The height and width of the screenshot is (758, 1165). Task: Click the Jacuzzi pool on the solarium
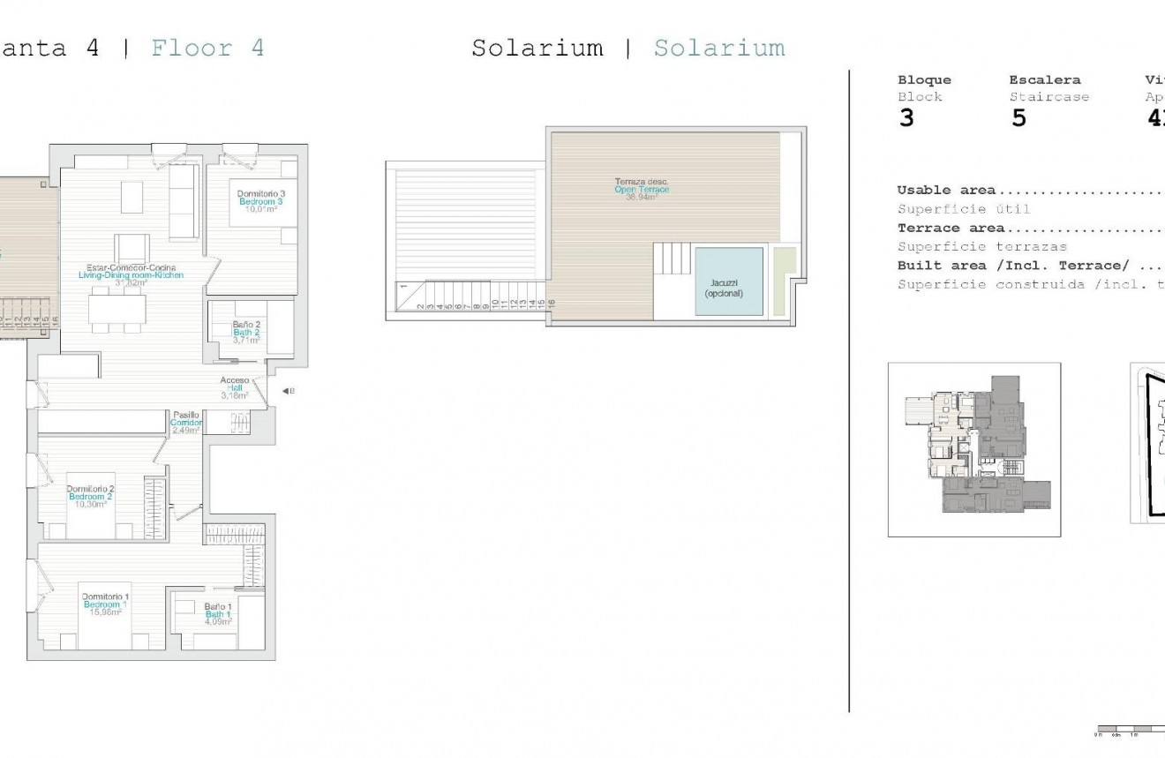click(x=729, y=281)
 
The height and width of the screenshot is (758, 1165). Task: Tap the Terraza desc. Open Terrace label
click(x=642, y=190)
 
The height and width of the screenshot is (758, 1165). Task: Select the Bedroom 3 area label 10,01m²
click(x=260, y=210)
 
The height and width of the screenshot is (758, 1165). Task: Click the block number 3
click(x=906, y=118)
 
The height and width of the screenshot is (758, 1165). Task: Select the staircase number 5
click(x=1018, y=118)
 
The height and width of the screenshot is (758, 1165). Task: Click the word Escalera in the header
click(x=1044, y=80)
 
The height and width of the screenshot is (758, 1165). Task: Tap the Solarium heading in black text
click(x=537, y=48)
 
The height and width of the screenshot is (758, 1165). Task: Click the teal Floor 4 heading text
click(x=207, y=48)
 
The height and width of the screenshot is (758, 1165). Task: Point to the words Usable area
click(x=946, y=190)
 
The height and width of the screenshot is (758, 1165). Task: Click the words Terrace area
click(x=951, y=229)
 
